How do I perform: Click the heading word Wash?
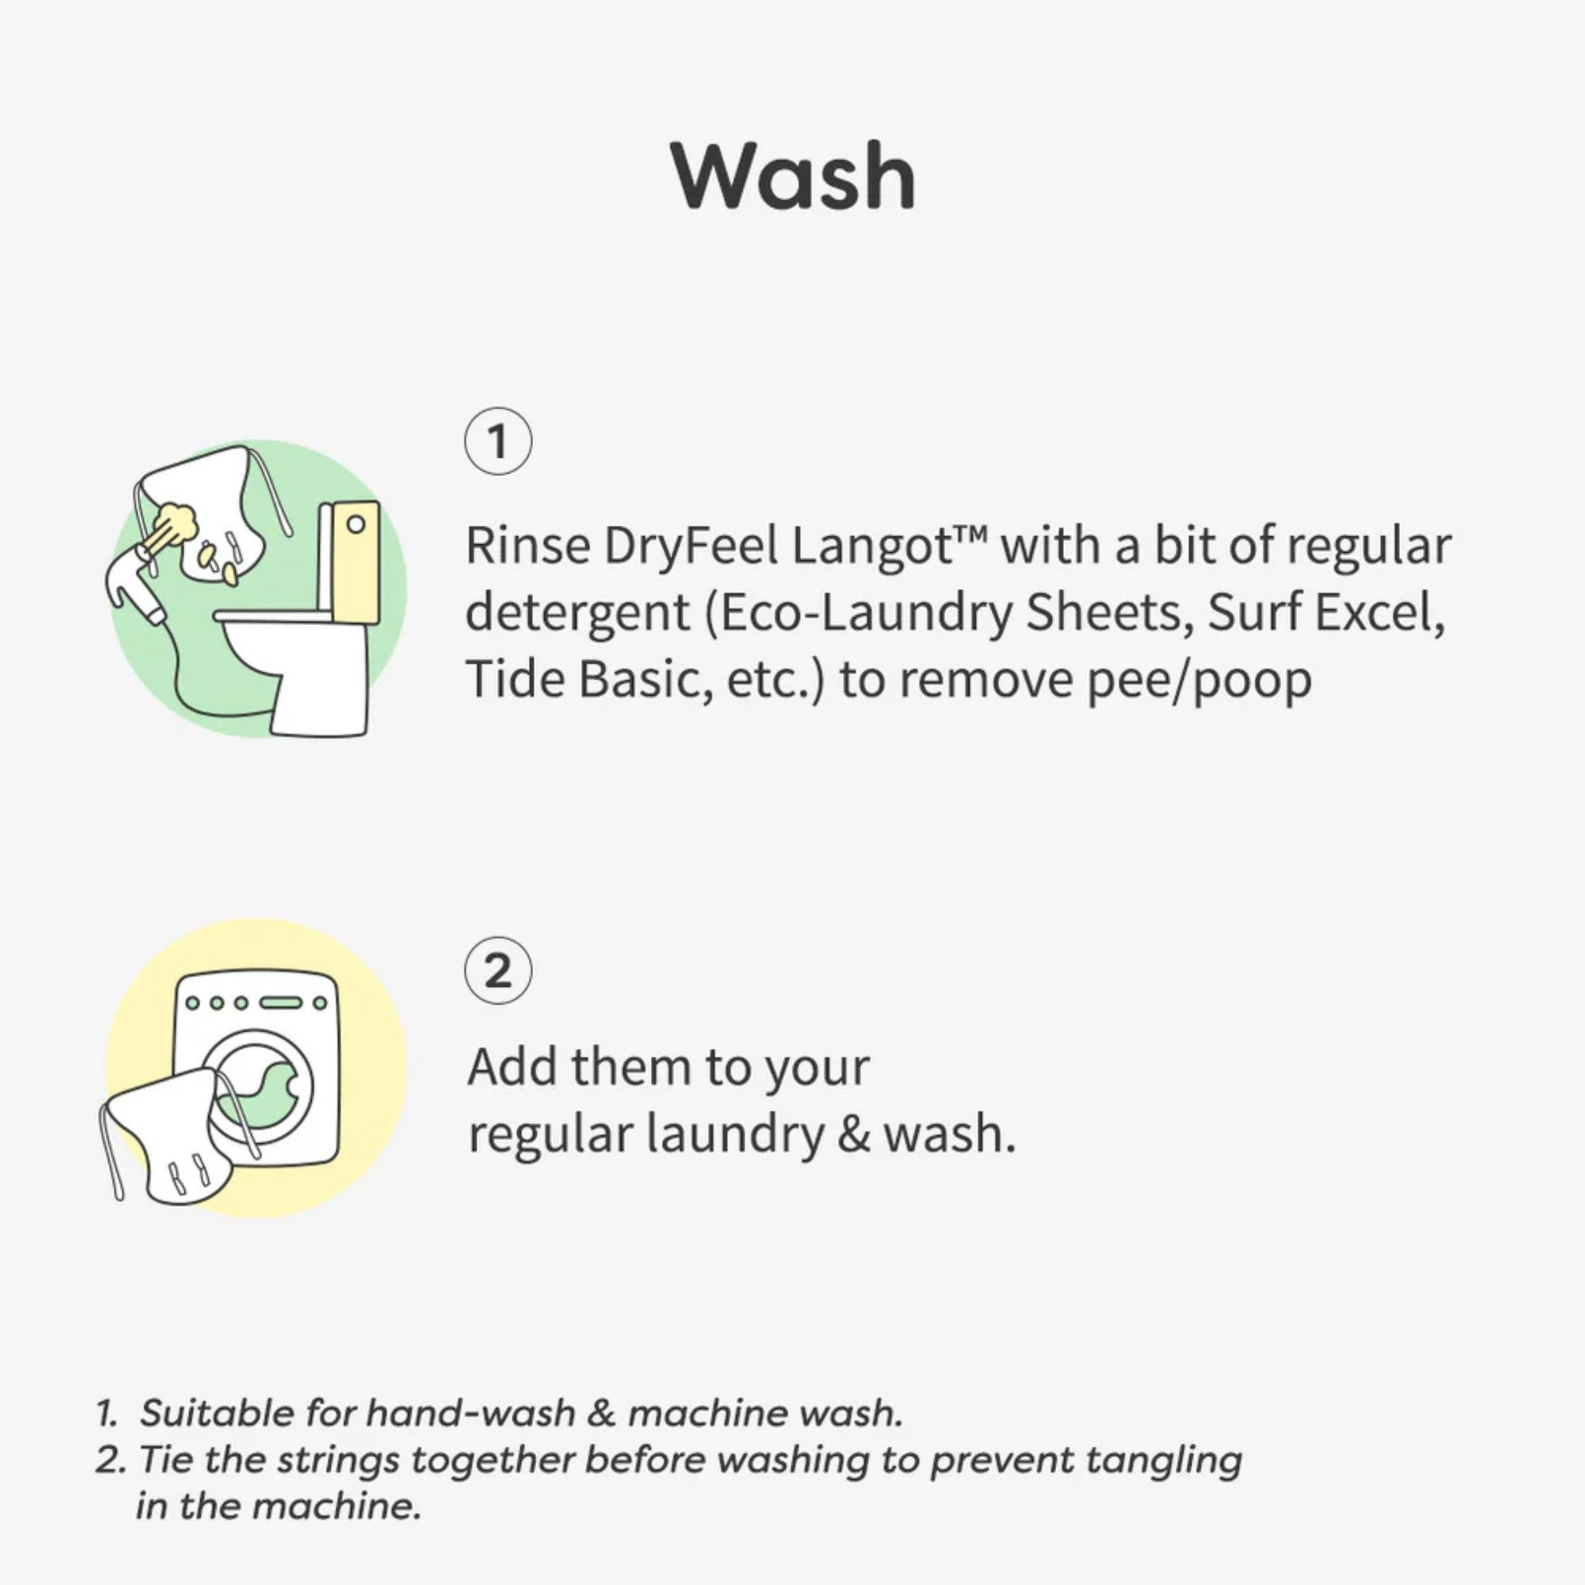[793, 177]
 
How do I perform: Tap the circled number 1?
[498, 442]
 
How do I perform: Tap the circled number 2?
[498, 971]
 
